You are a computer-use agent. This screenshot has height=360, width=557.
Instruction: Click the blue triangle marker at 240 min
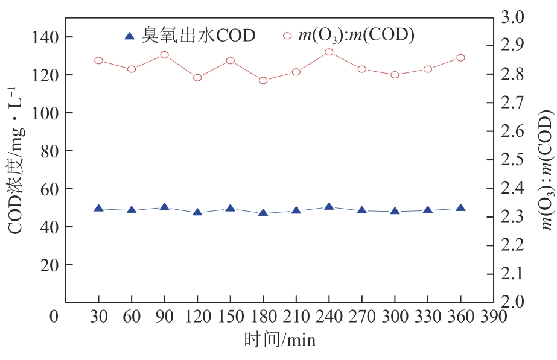(x=329, y=207)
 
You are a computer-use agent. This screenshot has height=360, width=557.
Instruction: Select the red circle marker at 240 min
(x=329, y=52)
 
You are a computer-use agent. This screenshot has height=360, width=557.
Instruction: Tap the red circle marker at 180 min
(x=263, y=80)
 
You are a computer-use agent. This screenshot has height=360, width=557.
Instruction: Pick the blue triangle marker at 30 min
(x=98, y=208)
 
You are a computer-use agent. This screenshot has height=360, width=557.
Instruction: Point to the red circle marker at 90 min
(x=164, y=55)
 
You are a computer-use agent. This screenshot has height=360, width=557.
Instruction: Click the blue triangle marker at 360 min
(x=460, y=207)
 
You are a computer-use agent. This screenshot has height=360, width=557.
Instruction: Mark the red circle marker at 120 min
(x=197, y=77)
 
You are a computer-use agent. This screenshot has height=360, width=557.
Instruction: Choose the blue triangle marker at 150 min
(x=230, y=208)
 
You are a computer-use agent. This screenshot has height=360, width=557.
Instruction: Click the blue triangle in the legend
(x=129, y=36)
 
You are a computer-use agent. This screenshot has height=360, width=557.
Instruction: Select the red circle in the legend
(x=287, y=36)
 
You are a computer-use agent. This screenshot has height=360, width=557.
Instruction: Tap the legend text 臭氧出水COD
(x=199, y=36)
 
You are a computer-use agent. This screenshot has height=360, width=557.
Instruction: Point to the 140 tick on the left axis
(x=45, y=37)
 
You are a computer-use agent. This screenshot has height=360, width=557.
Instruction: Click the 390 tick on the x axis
(x=494, y=317)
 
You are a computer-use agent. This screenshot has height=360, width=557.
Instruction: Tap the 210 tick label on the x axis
(x=296, y=317)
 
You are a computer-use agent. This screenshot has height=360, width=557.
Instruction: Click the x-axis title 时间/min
(x=279, y=340)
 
